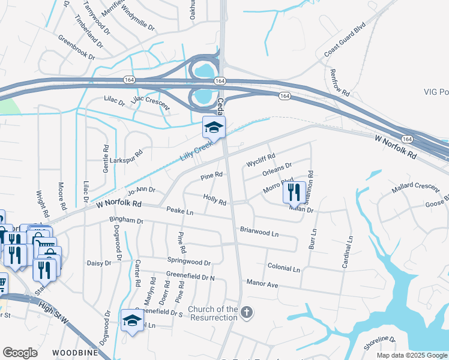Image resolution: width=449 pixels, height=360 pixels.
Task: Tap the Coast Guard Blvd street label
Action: point(345,40)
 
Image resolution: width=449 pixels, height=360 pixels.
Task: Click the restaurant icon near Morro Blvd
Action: point(294,191)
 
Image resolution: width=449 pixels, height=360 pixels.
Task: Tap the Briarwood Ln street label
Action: point(259,231)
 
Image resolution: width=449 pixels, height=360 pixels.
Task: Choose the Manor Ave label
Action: point(262,283)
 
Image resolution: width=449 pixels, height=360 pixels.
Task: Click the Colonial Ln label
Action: point(283,268)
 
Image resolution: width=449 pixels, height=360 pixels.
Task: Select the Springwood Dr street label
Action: point(188,262)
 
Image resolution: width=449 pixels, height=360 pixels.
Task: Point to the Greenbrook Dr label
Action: point(76,47)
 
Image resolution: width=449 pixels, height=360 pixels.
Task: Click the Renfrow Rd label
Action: point(340,83)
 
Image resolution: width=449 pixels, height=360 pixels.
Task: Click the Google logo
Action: point(20,353)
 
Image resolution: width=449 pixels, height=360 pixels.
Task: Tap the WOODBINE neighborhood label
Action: point(74,352)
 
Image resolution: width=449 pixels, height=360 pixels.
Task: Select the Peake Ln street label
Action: point(180,212)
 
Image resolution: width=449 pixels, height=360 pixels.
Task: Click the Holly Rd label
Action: point(214,200)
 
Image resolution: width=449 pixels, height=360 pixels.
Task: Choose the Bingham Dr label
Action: point(127,221)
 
